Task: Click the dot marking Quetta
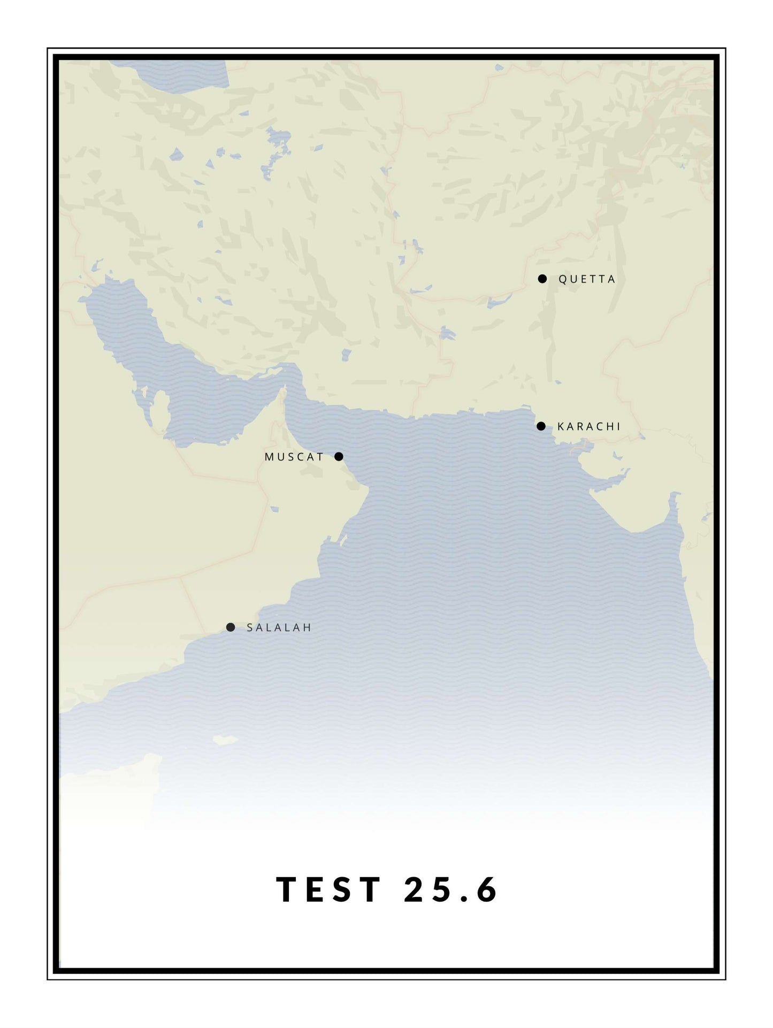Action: (542, 279)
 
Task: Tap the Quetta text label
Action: (587, 279)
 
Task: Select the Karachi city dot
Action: (541, 426)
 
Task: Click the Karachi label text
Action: (588, 427)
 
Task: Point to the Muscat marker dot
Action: (339, 457)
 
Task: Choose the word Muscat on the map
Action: (294, 457)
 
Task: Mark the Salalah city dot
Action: (231, 627)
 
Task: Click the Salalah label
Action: (279, 628)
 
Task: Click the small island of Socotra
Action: (225, 740)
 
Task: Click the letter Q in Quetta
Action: (563, 279)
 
